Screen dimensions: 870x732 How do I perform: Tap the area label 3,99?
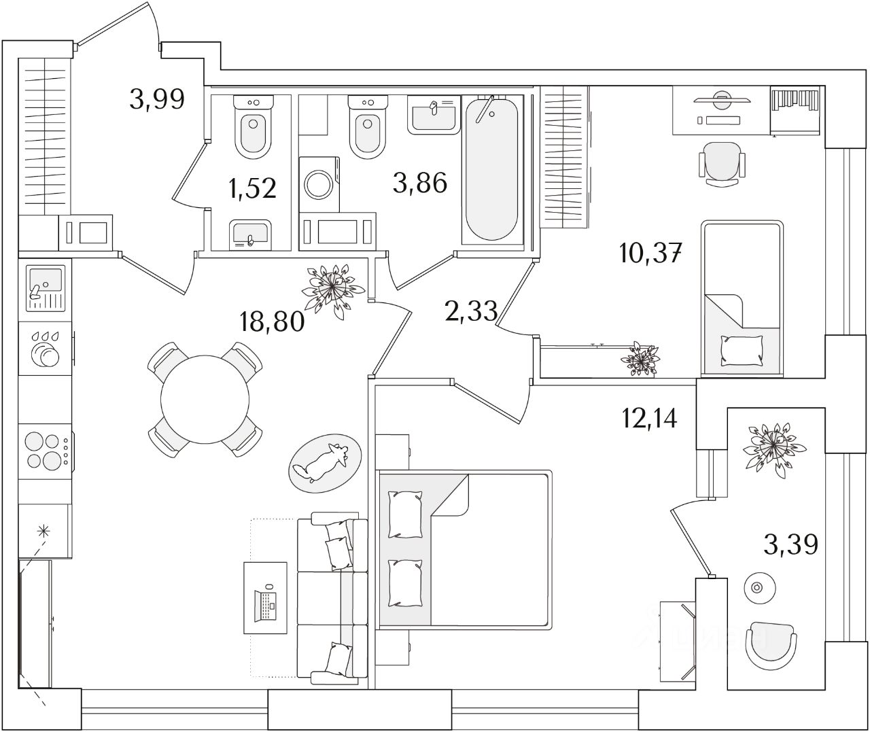tap(157, 100)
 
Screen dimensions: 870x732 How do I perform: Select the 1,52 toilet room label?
tap(253, 188)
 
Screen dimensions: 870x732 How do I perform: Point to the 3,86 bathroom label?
tap(420, 182)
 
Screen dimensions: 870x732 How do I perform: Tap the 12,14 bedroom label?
tap(649, 418)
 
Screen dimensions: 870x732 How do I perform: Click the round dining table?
tap(205, 399)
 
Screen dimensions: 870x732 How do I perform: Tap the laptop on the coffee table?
tap(266, 603)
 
